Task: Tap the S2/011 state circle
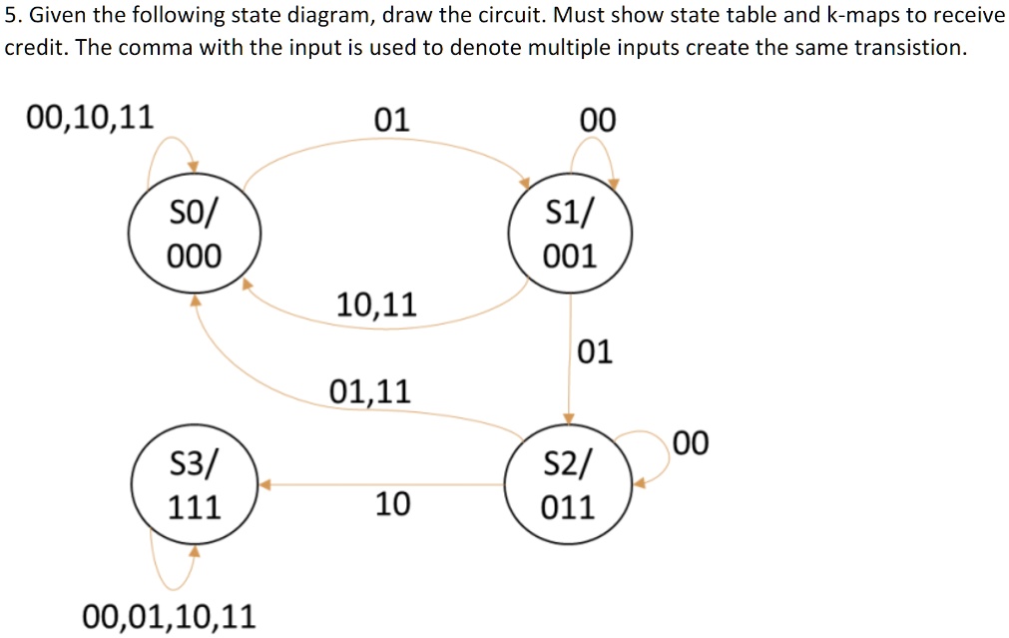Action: click(x=568, y=485)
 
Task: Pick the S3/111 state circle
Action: click(x=195, y=485)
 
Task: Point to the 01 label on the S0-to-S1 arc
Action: click(x=391, y=121)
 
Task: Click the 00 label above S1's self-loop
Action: click(x=598, y=121)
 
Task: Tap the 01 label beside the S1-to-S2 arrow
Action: click(x=596, y=351)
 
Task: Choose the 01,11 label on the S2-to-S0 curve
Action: click(x=369, y=389)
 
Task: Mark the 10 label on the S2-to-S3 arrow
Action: click(x=392, y=504)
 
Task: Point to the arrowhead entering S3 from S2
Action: click(x=265, y=485)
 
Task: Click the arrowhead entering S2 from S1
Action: click(x=569, y=417)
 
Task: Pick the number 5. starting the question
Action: click(x=13, y=16)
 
